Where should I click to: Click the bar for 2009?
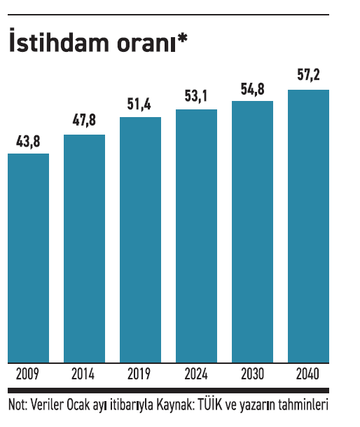(28, 258)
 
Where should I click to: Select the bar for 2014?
(84, 249)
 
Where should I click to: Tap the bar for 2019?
(140, 240)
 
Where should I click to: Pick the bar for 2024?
(197, 236)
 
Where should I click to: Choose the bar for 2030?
(253, 232)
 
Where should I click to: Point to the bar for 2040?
(309, 226)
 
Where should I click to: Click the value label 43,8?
(28, 142)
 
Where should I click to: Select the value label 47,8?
(84, 120)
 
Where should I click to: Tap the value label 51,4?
(139, 104)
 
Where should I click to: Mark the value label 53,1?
(196, 96)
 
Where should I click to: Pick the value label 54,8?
(253, 89)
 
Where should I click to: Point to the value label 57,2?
(308, 74)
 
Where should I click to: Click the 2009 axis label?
(27, 374)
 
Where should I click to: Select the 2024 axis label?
(196, 374)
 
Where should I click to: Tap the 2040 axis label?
(307, 374)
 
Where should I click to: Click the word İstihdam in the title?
(59, 41)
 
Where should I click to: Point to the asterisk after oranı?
(182, 39)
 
